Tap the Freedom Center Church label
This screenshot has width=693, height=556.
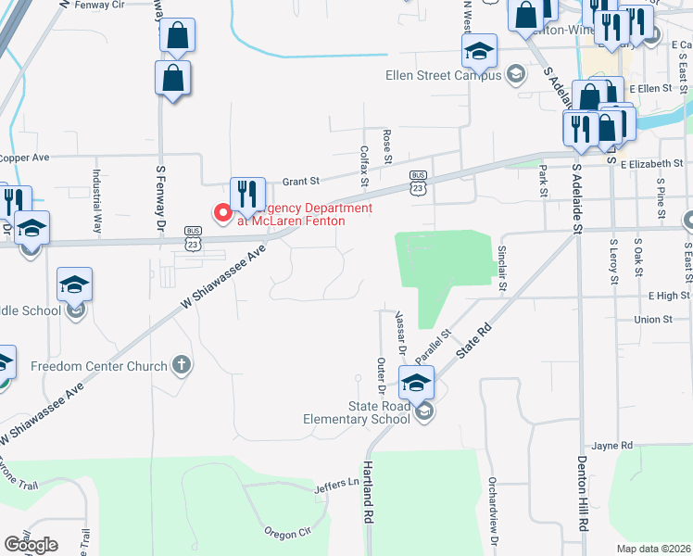(x=98, y=365)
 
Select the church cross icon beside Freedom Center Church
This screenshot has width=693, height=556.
(x=182, y=364)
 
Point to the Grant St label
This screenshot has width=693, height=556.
(x=300, y=181)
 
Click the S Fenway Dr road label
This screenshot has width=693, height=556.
(x=160, y=198)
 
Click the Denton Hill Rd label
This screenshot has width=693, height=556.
(x=583, y=493)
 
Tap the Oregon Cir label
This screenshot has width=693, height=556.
(x=287, y=533)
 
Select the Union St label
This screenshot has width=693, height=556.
(x=653, y=320)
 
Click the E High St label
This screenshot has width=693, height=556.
(x=670, y=296)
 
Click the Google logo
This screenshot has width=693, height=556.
(x=31, y=545)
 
